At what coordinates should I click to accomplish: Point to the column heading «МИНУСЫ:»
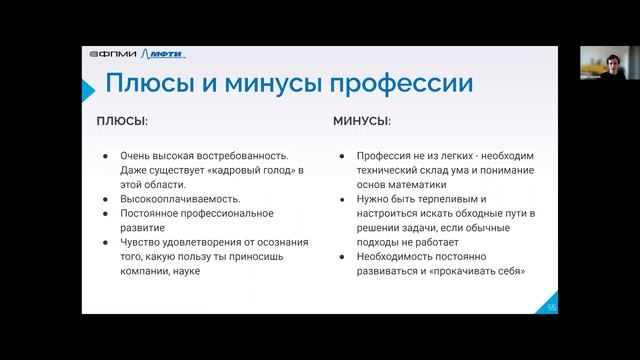(362, 121)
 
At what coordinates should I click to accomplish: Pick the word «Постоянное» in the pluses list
(148, 213)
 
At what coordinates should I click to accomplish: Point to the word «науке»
(186, 270)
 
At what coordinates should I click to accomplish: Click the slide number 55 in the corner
(551, 306)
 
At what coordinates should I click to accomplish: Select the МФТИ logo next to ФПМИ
(165, 54)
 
